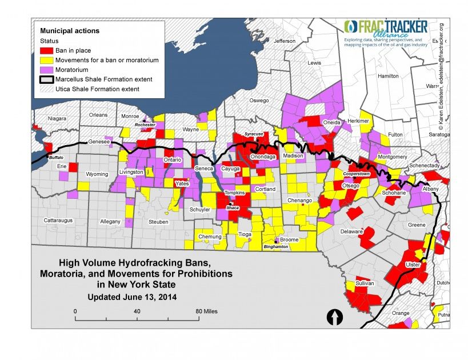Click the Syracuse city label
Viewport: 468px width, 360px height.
point(253,134)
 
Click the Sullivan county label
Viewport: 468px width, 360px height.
point(365,283)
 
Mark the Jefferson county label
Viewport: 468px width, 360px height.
point(285,41)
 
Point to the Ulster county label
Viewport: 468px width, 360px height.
point(412,265)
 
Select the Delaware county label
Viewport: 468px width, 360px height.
point(353,231)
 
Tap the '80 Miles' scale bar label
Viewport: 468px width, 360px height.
point(206,311)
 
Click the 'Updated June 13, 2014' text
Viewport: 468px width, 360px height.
point(132,297)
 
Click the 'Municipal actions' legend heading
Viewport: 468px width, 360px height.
point(70,30)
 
